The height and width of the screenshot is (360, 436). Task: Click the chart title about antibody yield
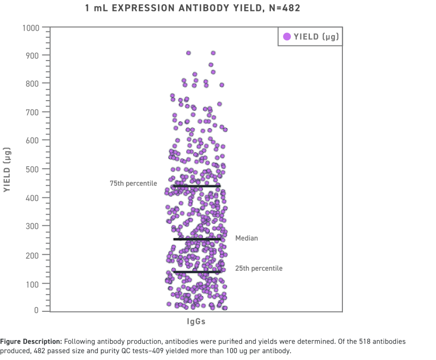pyautogui.click(x=193, y=8)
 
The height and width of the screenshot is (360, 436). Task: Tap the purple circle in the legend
pyautogui.click(x=287, y=37)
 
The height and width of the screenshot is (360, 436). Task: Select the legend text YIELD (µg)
pyautogui.click(x=316, y=37)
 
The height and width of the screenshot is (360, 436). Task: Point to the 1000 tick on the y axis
pyautogui.click(x=31, y=28)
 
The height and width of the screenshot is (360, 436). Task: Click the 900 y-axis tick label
pyautogui.click(x=33, y=56)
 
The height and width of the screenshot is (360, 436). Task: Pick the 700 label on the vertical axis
pyautogui.click(x=33, y=112)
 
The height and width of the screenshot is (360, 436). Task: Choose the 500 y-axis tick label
pyautogui.click(x=33, y=169)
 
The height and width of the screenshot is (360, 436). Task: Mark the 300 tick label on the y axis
pyautogui.click(x=33, y=226)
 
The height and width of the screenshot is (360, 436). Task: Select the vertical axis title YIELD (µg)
pyautogui.click(x=7, y=170)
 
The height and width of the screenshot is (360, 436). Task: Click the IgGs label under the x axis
pyautogui.click(x=196, y=322)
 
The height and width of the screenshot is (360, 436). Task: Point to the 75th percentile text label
pyautogui.click(x=133, y=184)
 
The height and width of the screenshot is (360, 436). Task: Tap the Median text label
pyautogui.click(x=246, y=238)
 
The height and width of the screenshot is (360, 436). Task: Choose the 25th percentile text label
pyautogui.click(x=259, y=268)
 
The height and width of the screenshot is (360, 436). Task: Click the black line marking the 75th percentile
pyautogui.click(x=197, y=186)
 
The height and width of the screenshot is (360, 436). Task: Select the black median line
pyautogui.click(x=197, y=239)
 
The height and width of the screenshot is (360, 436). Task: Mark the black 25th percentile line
pyautogui.click(x=197, y=272)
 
